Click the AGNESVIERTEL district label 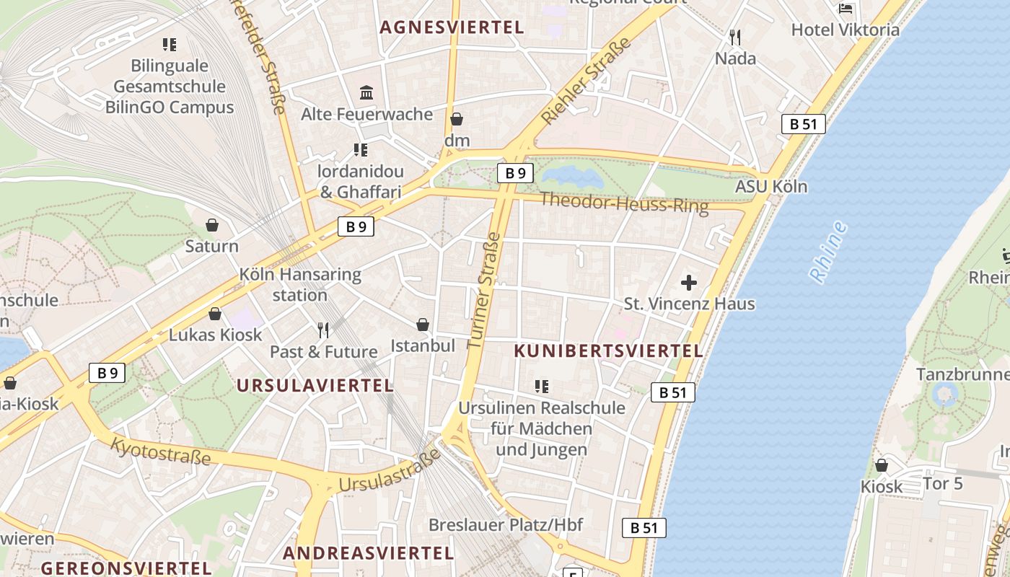pos(452,27)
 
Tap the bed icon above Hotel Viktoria pos(846,9)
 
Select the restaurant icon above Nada pos(735,37)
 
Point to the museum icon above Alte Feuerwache pos(366,93)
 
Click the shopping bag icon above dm pos(456,119)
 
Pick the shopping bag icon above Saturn pos(212,225)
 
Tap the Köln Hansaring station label pos(300,285)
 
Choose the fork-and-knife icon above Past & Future pos(323,330)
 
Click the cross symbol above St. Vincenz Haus pos(689,283)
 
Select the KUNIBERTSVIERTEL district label pos(608,351)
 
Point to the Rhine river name pos(827,252)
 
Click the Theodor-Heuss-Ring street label pos(624,203)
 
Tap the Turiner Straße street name pos(484,290)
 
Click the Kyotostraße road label pos(160,451)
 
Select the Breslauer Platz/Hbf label pos(506,524)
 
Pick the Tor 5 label pos(943,483)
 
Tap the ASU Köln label pos(771,187)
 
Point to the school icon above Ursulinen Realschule pos(542,387)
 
